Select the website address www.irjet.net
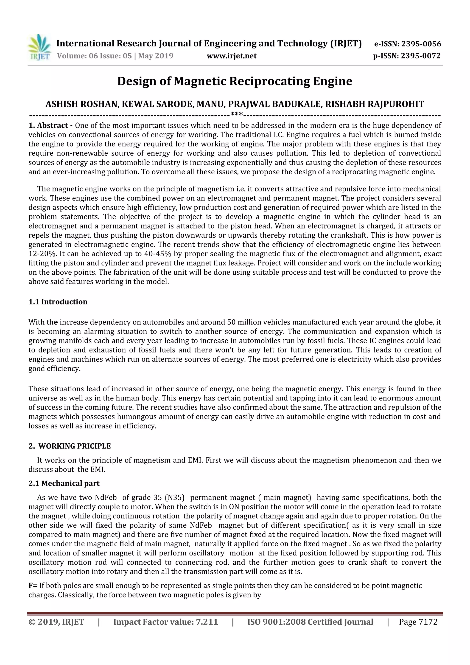[x=232, y=56]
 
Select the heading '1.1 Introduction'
[x=58, y=302]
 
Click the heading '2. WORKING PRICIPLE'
[x=70, y=446]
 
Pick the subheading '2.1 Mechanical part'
[x=64, y=483]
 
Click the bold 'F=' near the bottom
[x=33, y=586]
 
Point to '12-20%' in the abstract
[x=40, y=254]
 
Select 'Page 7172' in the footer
[x=418, y=622]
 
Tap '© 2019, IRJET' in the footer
[x=56, y=622]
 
